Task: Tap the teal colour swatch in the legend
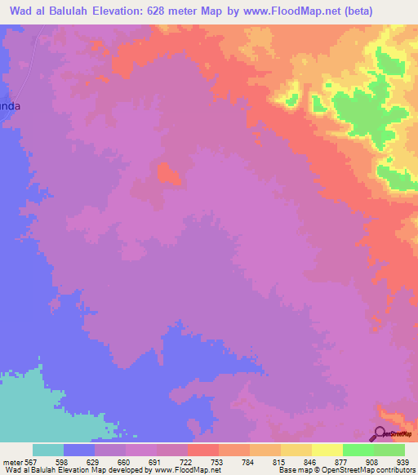[x=48, y=450]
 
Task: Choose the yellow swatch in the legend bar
[x=327, y=450]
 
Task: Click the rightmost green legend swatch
[x=389, y=450]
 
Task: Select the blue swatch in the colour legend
[x=79, y=450]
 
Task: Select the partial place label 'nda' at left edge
[x=7, y=106]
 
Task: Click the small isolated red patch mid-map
[x=168, y=172]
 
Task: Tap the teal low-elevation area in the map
[x=41, y=408]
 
